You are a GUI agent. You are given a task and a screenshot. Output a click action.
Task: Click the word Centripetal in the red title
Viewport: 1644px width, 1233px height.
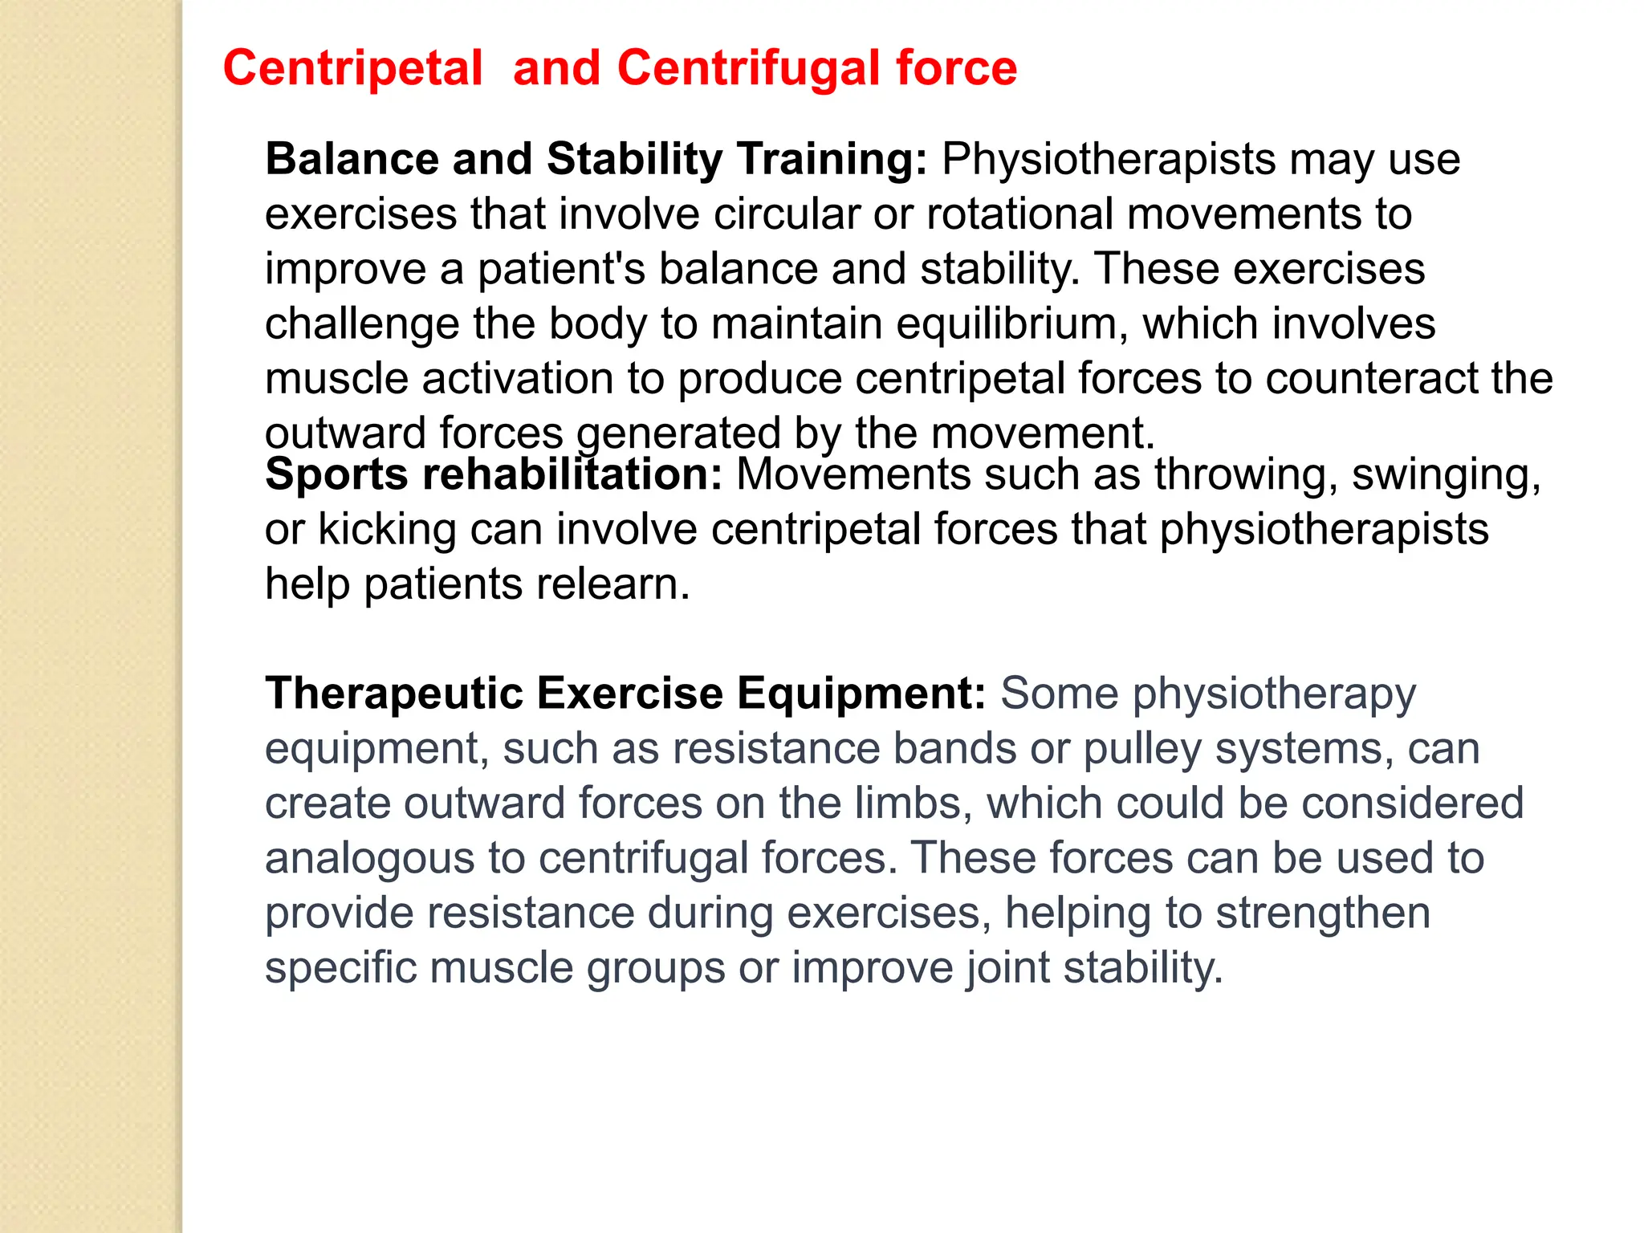[x=352, y=67]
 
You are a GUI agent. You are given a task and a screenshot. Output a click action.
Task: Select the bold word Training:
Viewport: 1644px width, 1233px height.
[x=832, y=159]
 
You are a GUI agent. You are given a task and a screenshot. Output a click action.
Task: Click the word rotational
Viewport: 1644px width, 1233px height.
[x=1019, y=214]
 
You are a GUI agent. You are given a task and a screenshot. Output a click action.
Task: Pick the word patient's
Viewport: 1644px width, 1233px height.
[x=561, y=269]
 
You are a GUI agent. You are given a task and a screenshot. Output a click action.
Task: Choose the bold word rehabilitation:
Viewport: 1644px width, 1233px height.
[x=573, y=474]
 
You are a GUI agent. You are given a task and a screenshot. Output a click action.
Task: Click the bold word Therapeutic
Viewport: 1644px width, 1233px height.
[x=393, y=694]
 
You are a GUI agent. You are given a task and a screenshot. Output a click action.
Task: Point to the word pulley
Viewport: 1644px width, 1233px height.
[x=1141, y=749]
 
